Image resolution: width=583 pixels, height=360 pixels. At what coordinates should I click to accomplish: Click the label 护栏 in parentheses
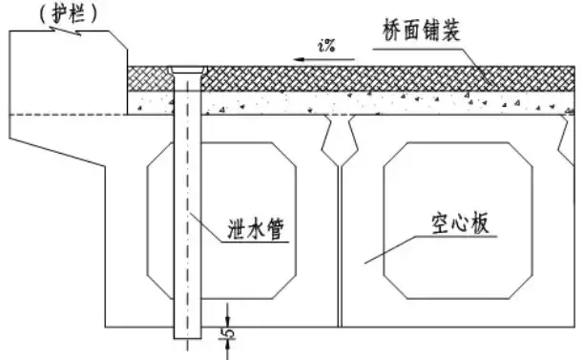click(x=68, y=15)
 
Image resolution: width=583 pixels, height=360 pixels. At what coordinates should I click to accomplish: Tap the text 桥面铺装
click(x=422, y=31)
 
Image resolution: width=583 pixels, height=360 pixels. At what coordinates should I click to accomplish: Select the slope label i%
click(x=327, y=46)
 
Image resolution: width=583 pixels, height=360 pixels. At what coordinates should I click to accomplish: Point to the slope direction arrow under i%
click(x=323, y=59)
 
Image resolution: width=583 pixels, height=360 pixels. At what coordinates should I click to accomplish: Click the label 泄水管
click(x=256, y=228)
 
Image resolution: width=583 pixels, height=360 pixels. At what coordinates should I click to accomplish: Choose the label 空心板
click(x=460, y=223)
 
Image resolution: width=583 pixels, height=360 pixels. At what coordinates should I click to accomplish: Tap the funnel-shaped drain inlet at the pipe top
click(x=187, y=70)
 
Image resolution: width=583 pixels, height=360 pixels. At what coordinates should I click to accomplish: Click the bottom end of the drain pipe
click(x=188, y=338)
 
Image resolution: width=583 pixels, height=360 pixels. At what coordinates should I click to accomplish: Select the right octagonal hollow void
click(x=458, y=221)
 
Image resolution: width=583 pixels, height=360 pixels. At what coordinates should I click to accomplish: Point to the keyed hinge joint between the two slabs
click(x=340, y=140)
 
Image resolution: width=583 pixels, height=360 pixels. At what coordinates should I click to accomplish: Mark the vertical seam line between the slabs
click(x=340, y=246)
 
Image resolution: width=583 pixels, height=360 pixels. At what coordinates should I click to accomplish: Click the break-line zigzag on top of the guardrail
click(x=67, y=32)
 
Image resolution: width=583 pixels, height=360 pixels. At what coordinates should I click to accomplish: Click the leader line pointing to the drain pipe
click(x=205, y=227)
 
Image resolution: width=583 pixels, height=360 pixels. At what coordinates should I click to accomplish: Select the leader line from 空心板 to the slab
click(x=389, y=249)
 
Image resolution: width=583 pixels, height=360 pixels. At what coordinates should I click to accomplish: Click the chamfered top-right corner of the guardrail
click(x=118, y=40)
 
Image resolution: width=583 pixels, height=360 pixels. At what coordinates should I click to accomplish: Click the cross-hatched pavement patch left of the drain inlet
click(x=150, y=79)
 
